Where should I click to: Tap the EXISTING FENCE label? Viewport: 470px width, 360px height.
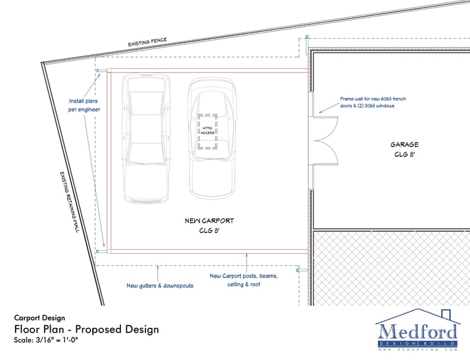tap(147, 42)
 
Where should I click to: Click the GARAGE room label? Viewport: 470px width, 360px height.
tap(404, 144)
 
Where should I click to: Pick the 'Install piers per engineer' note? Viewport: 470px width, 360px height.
tap(84, 105)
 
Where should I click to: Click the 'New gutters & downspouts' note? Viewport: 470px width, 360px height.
tap(160, 285)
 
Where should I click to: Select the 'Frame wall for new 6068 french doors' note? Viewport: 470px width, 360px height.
tap(373, 101)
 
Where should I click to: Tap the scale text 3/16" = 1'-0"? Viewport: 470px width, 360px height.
tap(46, 340)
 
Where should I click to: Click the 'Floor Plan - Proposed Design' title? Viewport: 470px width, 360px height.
tap(86, 329)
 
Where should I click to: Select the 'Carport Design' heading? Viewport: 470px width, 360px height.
tap(39, 318)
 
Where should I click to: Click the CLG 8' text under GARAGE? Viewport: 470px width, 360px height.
tap(404, 154)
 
